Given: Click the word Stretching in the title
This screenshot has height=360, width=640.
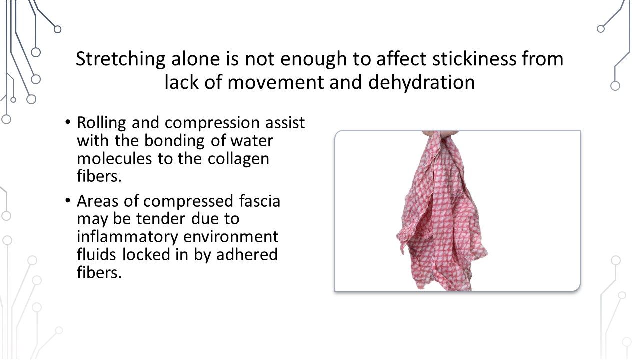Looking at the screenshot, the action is click(121, 59).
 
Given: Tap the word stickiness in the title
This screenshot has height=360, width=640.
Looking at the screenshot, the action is click(474, 59).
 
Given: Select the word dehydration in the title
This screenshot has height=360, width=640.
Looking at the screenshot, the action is click(421, 83).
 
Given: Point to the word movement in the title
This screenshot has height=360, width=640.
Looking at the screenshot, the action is click(275, 83).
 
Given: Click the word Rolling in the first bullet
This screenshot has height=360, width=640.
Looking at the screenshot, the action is click(101, 123).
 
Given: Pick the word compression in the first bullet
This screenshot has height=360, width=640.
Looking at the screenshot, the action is click(212, 123).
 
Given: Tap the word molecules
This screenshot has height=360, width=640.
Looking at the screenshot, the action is click(114, 158).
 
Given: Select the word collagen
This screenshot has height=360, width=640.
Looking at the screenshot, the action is click(238, 159).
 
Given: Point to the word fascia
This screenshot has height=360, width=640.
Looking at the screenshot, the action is click(260, 201).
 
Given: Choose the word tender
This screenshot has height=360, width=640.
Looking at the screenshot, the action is click(161, 219).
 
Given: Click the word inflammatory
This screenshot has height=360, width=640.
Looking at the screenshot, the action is click(127, 237).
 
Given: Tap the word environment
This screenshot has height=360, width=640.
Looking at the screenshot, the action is click(231, 237).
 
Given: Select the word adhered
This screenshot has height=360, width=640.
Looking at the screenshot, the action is click(247, 254).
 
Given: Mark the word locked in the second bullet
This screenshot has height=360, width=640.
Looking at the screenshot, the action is click(146, 254).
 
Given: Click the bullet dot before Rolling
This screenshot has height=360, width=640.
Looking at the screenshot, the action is click(68, 123).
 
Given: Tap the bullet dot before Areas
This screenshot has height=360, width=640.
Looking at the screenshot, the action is click(68, 201).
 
